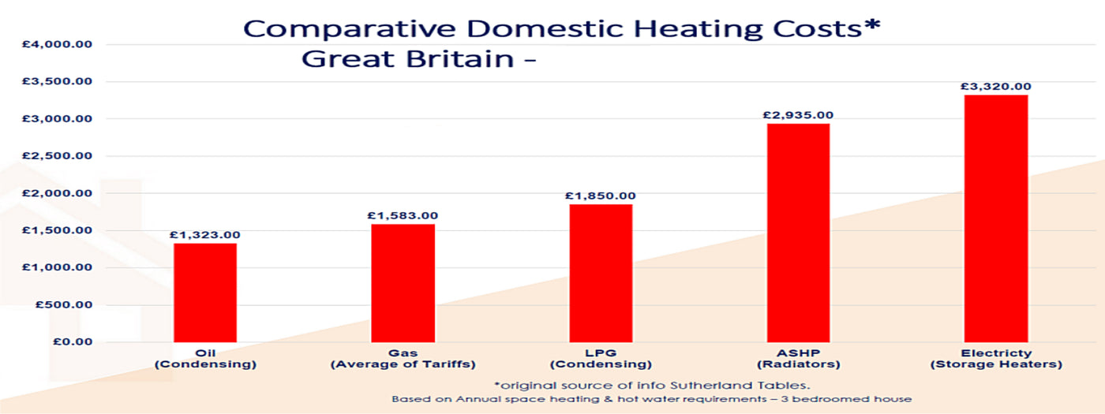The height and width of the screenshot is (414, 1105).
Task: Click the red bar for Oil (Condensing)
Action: pyautogui.click(x=205, y=292)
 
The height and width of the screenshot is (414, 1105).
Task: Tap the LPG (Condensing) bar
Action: pyautogui.click(x=601, y=272)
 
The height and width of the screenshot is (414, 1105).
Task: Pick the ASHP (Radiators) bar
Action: pyautogui.click(x=797, y=233)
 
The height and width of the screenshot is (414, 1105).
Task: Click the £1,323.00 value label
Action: pyautogui.click(x=205, y=235)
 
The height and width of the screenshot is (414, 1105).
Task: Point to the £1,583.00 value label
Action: pyautogui.click(x=403, y=215)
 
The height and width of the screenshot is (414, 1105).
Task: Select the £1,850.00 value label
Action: pyautogui.click(x=601, y=196)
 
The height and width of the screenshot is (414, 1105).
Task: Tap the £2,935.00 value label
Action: pyautogui.click(x=797, y=115)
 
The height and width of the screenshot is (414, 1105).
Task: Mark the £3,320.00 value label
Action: pyautogui.click(x=995, y=86)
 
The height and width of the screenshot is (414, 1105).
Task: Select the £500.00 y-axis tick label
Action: pyautogui.click(x=64, y=305)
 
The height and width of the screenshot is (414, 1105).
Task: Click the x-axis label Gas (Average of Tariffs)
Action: pyautogui.click(x=403, y=359)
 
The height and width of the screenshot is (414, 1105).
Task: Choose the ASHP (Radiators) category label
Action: pyautogui.click(x=797, y=359)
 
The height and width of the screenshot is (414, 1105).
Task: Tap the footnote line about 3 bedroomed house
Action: pyautogui.click(x=651, y=400)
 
